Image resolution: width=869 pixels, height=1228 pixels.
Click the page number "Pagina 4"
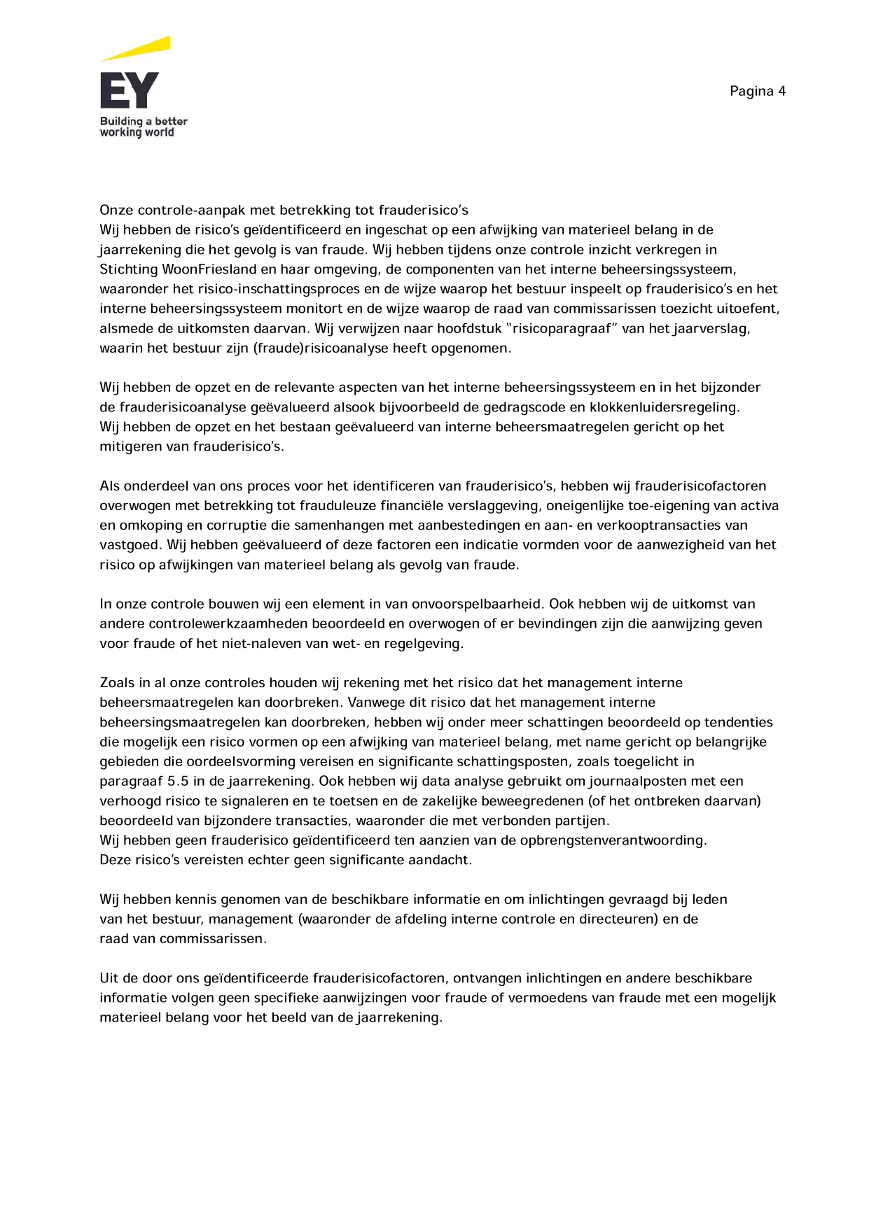coord(757,91)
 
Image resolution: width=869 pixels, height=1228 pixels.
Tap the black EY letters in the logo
coord(130,90)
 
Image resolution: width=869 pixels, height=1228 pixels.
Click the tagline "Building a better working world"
coord(143,127)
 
